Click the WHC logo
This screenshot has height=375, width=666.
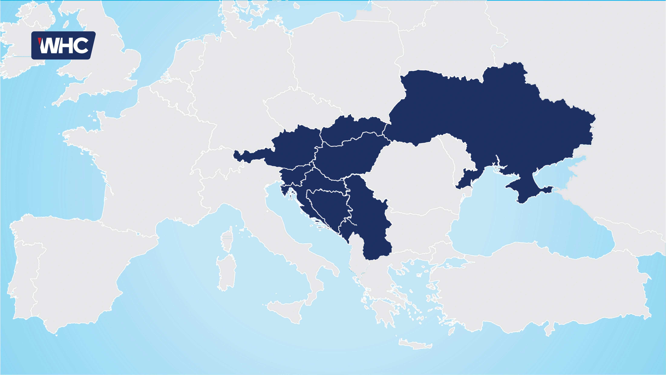coord(63,46)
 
